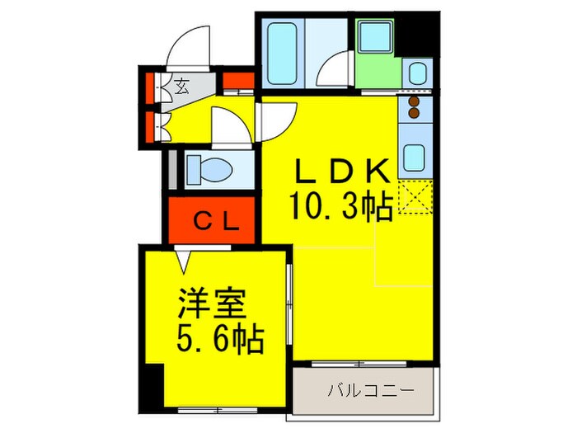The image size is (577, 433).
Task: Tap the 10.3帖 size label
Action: [340, 205]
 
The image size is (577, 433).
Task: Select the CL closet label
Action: [215, 221]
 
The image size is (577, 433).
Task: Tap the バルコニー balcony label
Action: [367, 388]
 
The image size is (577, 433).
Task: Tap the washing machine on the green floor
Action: [378, 36]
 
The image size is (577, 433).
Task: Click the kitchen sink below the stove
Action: [414, 154]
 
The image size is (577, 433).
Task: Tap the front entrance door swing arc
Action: [191, 46]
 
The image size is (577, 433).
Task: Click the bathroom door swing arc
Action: [337, 70]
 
